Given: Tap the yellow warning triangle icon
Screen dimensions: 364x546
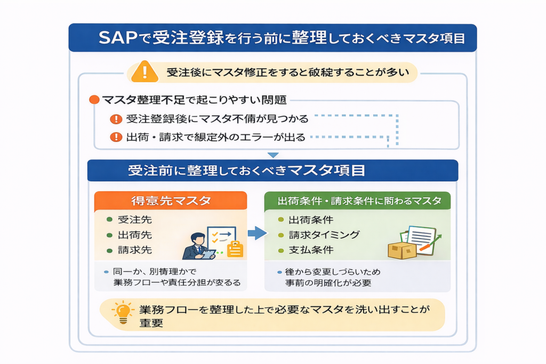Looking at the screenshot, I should (x=144, y=71).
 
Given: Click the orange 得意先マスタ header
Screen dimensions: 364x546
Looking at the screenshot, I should (x=171, y=201).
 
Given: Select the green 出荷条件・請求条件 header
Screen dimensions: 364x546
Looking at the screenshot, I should (x=357, y=201).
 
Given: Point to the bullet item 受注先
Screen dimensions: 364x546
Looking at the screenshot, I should (x=130, y=220).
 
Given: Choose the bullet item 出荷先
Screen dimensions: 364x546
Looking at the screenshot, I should (x=130, y=235).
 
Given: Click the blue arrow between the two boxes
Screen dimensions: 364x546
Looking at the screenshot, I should (x=256, y=233).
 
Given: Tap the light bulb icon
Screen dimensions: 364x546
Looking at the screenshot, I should (x=123, y=312).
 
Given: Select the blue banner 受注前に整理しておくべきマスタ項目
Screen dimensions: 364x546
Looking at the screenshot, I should (x=272, y=171).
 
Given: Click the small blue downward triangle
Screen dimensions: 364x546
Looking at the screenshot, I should (x=273, y=155).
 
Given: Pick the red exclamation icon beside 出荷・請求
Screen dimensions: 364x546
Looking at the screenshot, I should (x=115, y=137).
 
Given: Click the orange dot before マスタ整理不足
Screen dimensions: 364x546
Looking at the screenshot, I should (x=94, y=100).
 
